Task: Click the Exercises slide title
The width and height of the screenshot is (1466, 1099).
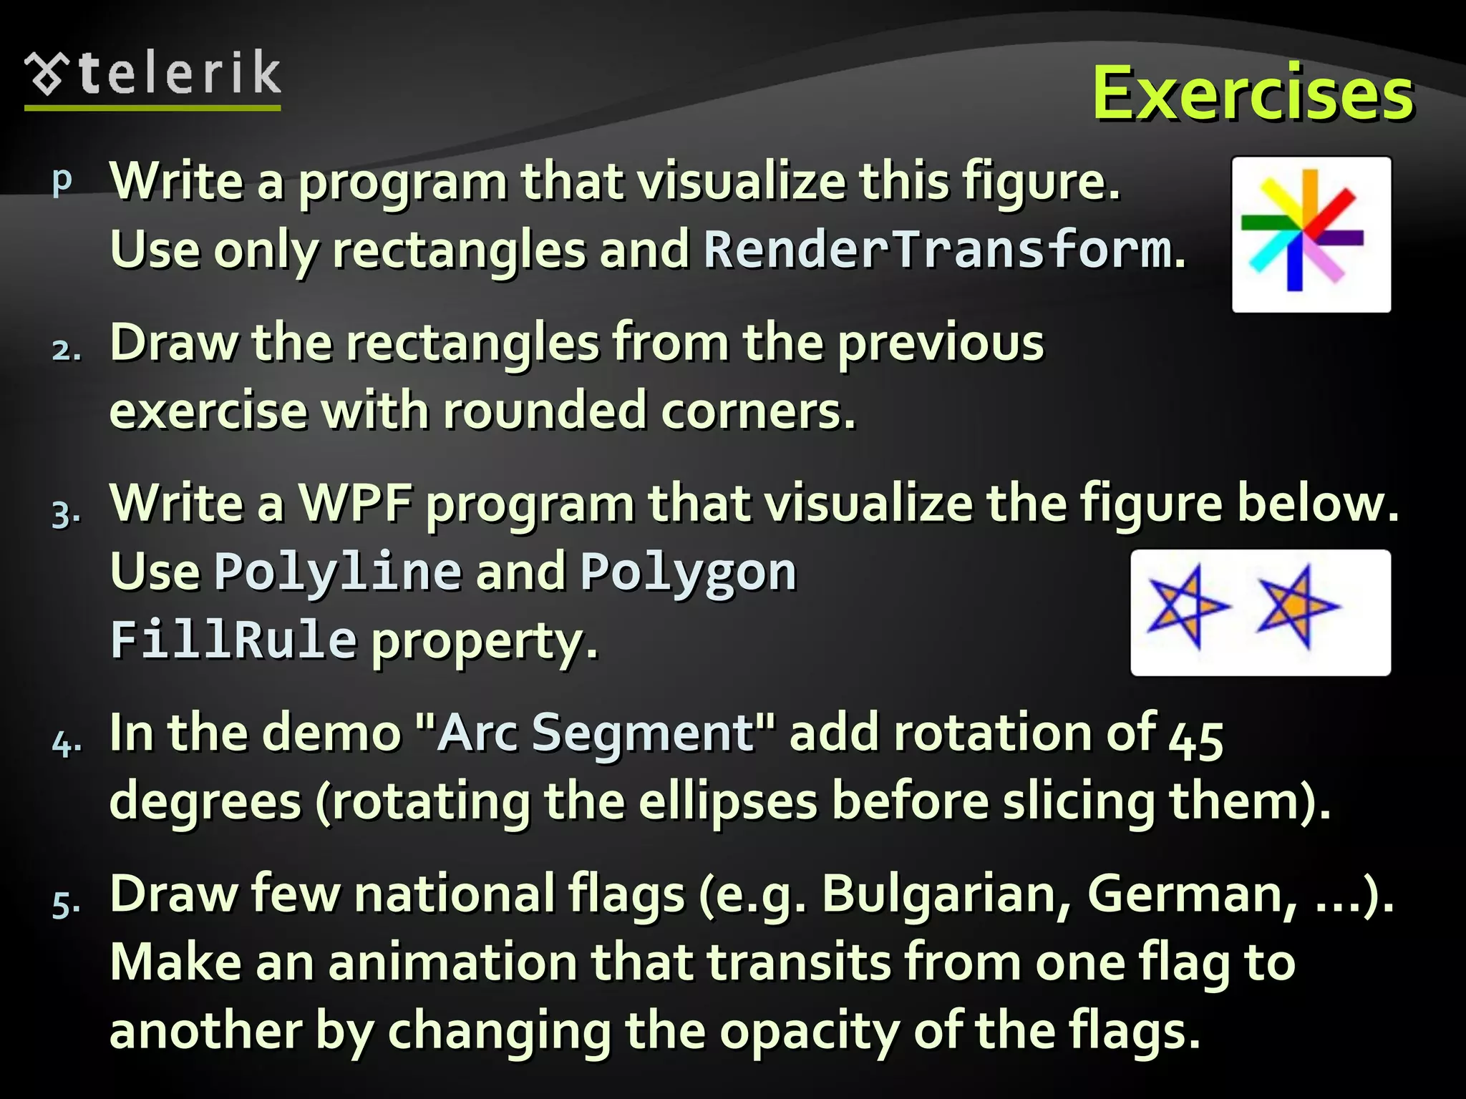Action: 1252,94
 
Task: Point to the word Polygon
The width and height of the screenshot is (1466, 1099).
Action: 688,572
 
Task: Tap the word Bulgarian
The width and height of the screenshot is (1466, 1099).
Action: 945,894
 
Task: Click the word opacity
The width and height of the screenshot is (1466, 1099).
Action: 809,1031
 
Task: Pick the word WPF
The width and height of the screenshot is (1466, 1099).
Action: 354,503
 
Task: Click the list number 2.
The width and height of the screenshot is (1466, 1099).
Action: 66,350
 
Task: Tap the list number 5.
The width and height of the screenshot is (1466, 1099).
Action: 66,903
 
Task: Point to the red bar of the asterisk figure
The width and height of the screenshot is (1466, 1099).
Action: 1336,207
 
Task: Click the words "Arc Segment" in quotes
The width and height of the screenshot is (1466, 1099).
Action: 595,733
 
